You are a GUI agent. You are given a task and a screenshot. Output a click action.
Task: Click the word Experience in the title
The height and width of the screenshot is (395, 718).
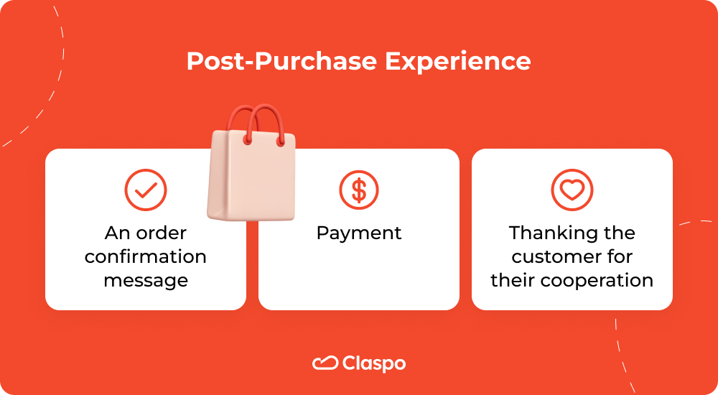pyautogui.click(x=458, y=62)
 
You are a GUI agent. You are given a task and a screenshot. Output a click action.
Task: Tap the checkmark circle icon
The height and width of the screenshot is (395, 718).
pyautogui.click(x=146, y=190)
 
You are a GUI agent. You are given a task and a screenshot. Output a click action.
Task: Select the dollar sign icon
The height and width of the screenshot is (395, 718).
pyautogui.click(x=359, y=190)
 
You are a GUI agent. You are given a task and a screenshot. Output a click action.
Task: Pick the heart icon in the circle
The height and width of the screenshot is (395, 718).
pyautogui.click(x=572, y=190)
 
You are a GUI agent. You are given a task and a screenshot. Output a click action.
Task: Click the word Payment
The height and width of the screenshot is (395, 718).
pyautogui.click(x=359, y=233)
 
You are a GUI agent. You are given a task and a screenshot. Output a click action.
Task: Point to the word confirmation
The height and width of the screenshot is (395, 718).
pyautogui.click(x=146, y=256)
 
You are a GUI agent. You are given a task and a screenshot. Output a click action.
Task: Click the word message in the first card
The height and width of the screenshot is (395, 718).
pyautogui.click(x=146, y=280)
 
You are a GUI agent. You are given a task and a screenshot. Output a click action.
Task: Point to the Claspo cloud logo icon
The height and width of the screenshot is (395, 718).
pyautogui.click(x=325, y=364)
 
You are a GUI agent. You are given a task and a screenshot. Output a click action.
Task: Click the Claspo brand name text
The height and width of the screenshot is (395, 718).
pyautogui.click(x=374, y=364)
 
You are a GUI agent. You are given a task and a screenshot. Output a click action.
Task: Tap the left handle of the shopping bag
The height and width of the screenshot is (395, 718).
pyautogui.click(x=239, y=122)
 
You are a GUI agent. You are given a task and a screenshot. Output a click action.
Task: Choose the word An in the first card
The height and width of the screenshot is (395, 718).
pyautogui.click(x=116, y=233)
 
